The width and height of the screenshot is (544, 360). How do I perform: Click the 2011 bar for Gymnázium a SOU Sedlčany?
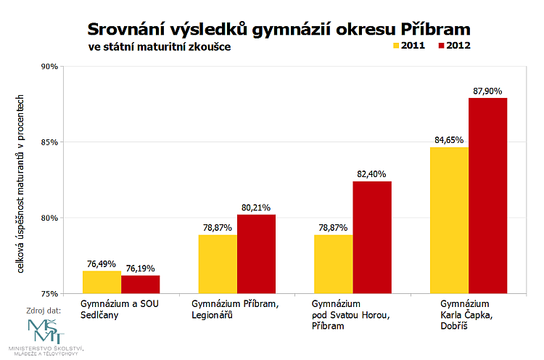pyautogui.click(x=102, y=282)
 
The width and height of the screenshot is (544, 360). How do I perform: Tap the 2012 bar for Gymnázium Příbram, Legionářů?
pyautogui.click(x=256, y=254)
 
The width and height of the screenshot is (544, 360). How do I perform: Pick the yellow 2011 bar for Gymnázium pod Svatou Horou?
pyautogui.click(x=333, y=264)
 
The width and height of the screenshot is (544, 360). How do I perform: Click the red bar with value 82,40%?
pyautogui.click(x=371, y=237)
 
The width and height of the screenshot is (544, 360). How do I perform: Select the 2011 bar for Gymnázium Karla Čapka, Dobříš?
pyautogui.click(x=449, y=220)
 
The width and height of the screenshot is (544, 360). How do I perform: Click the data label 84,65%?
pyautogui.click(x=449, y=140)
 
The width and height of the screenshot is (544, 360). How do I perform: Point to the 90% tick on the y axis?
pyautogui.click(x=49, y=66)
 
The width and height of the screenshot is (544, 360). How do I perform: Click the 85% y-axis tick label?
pyautogui.click(x=49, y=142)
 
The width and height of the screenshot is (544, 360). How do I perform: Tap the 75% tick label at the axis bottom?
pyautogui.click(x=49, y=294)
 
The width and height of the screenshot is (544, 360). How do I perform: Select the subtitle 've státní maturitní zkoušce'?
pyautogui.click(x=159, y=46)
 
